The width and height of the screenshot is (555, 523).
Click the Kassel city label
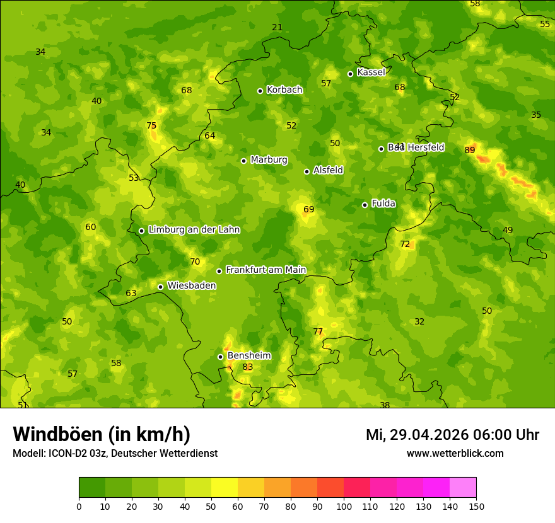[x=371, y=72]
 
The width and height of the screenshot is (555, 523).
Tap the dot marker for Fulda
[x=365, y=205]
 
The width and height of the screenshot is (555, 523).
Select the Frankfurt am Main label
[x=266, y=270]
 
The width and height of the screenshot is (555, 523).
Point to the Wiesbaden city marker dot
[x=160, y=287]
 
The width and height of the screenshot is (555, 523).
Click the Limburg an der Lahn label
[x=194, y=229]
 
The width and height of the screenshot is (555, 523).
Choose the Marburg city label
[x=269, y=159]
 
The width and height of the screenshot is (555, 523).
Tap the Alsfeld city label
[x=328, y=170]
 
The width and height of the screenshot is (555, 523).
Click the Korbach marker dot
[x=260, y=91]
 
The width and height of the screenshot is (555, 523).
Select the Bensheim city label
[x=249, y=355]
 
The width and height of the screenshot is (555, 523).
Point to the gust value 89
[x=470, y=150]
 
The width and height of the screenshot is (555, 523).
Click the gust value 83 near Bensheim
[x=248, y=367]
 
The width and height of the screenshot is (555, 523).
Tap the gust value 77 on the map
[x=318, y=331]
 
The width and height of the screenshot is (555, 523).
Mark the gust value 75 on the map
[x=151, y=125]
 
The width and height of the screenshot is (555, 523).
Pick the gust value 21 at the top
[x=277, y=27]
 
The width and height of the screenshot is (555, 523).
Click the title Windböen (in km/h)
[x=102, y=434]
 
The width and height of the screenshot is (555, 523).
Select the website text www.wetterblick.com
[x=455, y=453]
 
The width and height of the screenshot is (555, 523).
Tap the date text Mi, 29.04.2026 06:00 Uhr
[x=452, y=435]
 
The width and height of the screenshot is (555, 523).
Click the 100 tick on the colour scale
[x=344, y=506]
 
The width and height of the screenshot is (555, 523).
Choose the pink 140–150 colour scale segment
[x=463, y=488]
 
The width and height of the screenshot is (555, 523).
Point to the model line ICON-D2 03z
[x=115, y=453]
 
